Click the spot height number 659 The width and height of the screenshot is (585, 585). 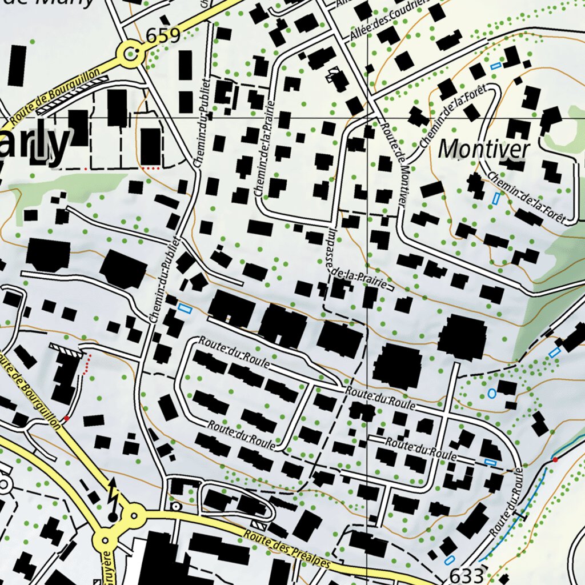pos(163,36)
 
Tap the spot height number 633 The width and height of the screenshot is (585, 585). pos(466,574)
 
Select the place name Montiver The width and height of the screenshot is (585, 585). pos(484,150)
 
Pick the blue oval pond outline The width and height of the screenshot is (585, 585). pos(491,393)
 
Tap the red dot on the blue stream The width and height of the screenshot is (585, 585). pos(555,459)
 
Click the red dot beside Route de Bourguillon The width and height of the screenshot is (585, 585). pos(66,418)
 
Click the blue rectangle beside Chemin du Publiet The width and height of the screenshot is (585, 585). pos(183,308)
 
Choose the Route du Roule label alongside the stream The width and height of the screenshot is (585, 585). pos(507,502)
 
